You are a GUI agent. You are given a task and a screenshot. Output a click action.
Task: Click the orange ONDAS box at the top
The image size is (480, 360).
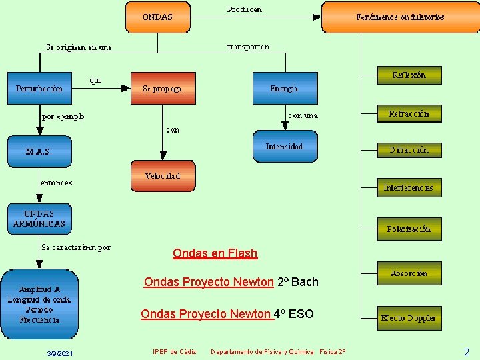point(157,17)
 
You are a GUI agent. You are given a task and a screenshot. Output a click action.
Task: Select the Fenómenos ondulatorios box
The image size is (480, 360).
point(400,17)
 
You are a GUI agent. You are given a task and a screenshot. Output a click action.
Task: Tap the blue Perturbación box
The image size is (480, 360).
point(39,88)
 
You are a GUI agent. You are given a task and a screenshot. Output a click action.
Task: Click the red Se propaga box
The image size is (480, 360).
point(163,88)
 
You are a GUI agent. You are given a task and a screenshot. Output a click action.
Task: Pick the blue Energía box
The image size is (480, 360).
point(285,88)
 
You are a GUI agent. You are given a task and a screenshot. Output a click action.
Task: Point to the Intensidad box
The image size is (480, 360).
point(285,147)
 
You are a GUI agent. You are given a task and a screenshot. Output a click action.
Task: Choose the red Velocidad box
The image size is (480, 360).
point(163,176)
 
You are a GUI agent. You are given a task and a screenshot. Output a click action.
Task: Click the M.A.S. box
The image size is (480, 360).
point(39,151)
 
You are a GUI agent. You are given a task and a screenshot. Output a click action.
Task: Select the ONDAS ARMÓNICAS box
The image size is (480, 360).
point(39,219)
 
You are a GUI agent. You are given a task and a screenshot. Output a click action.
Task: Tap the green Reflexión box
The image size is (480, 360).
point(409,75)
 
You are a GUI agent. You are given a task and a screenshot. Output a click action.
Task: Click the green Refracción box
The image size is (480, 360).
point(409,114)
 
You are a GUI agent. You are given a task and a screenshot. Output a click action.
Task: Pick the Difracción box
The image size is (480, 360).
point(409,150)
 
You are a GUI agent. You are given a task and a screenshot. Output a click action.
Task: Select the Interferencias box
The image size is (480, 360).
point(409,187)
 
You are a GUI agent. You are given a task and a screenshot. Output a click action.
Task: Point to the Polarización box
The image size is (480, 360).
point(409,229)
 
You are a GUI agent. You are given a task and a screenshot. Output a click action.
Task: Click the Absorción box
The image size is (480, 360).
point(409,273)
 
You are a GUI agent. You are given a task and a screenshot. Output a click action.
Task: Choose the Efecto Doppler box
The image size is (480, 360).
point(409,317)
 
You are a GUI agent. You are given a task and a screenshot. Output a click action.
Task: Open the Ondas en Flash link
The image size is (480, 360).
point(215,253)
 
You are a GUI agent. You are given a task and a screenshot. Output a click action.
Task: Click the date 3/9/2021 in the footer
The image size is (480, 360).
point(60,353)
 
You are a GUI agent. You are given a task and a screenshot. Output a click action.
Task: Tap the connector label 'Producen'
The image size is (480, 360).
point(245,9)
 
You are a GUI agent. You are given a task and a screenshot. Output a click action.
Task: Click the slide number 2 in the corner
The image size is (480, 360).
point(466,352)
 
